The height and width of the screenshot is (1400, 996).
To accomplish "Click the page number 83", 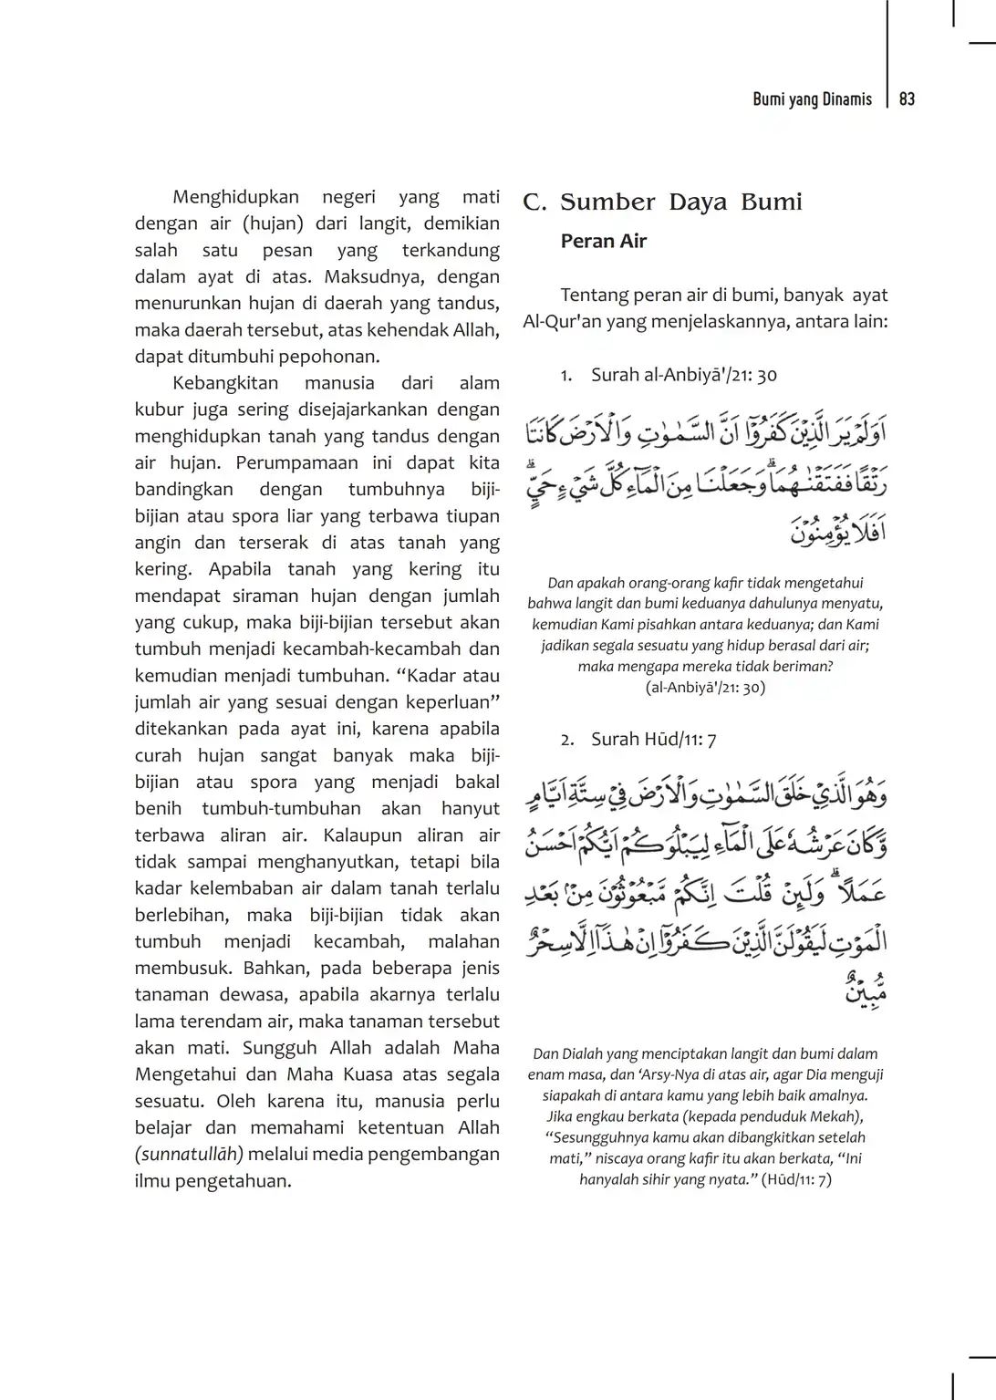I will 907,99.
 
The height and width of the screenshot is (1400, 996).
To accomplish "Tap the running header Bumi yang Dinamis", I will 812,99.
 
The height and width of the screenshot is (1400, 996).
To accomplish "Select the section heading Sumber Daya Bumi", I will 681,202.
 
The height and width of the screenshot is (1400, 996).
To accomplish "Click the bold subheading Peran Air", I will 604,242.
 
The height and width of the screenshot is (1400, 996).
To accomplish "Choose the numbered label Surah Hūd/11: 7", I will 653,740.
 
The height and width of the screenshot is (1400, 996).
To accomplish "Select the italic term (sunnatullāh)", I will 189,1154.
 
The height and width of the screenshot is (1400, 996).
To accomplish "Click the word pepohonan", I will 322,357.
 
